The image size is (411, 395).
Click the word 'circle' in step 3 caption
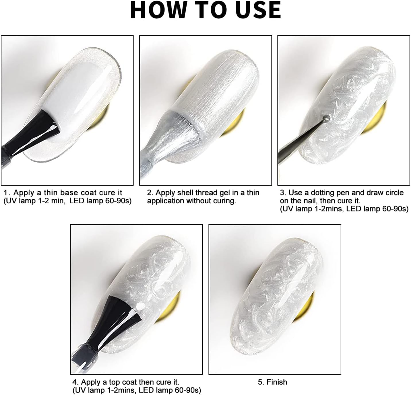[392, 192]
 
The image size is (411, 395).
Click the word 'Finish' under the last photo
[277, 382]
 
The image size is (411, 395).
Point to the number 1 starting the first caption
[7, 192]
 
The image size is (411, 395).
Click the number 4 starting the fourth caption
[75, 382]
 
